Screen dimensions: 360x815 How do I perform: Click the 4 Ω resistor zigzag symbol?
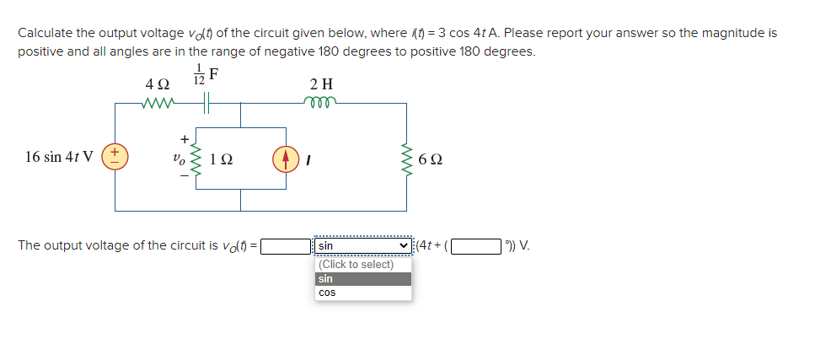click(158, 104)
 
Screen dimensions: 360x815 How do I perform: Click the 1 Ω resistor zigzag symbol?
click(199, 157)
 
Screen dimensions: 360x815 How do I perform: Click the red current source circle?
click(286, 158)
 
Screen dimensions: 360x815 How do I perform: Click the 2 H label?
click(321, 84)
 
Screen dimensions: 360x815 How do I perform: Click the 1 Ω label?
click(223, 159)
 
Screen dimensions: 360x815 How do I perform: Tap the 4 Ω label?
click(158, 84)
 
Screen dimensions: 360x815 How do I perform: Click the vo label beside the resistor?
click(178, 157)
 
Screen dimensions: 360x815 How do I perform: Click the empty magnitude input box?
click(286, 246)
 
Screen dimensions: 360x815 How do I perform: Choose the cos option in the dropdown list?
click(326, 293)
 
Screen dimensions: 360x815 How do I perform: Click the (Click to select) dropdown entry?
click(357, 265)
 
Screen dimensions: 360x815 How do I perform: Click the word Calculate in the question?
click(46, 33)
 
